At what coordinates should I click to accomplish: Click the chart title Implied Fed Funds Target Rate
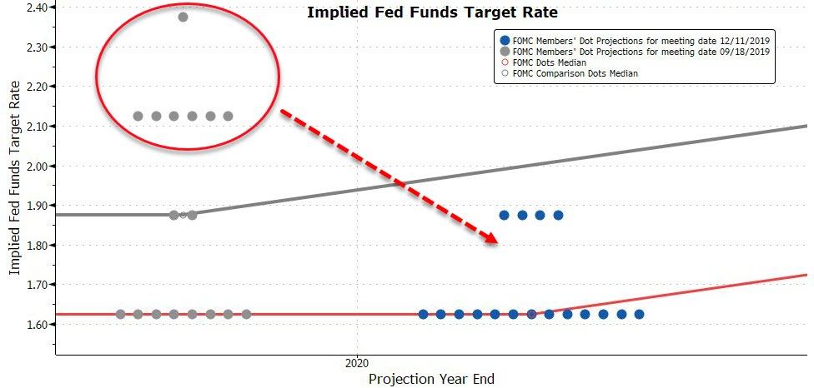tap(432, 12)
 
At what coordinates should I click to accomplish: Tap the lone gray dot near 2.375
tap(183, 17)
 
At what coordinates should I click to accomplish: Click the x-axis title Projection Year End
tap(431, 379)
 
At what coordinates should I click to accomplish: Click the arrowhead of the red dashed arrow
tap(490, 237)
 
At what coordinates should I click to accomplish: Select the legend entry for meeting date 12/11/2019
tap(636, 40)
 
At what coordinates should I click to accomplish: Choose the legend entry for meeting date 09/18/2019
tap(636, 52)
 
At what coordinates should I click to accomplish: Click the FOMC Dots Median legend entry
tap(543, 62)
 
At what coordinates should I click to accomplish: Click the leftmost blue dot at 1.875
tap(504, 215)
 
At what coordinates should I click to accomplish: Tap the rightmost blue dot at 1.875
tap(558, 215)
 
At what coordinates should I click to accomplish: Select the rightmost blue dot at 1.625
tap(639, 314)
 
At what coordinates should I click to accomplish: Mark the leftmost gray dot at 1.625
tap(120, 314)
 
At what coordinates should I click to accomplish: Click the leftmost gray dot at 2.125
tap(138, 116)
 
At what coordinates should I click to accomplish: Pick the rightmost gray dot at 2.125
tap(228, 116)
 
